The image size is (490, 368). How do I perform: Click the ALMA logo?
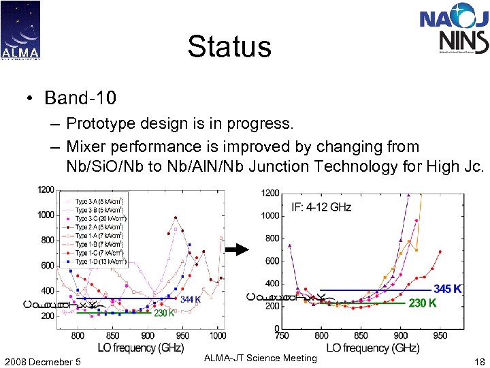pyautogui.click(x=20, y=31)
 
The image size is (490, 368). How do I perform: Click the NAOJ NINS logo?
pyautogui.click(x=454, y=31)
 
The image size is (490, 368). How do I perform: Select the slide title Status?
pyautogui.click(x=229, y=47)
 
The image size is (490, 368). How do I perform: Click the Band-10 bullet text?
pyautogui.click(x=80, y=97)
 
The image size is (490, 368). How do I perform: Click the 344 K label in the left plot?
pyautogui.click(x=191, y=299)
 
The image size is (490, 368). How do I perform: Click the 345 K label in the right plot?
pyautogui.click(x=448, y=289)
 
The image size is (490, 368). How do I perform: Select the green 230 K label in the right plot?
pyautogui.click(x=422, y=303)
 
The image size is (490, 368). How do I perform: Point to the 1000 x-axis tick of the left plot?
pyautogui.click(x=217, y=335)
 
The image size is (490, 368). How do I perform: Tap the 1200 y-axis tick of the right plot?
pyautogui.click(x=269, y=194)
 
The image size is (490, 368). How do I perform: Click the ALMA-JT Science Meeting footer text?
pyautogui.click(x=261, y=358)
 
